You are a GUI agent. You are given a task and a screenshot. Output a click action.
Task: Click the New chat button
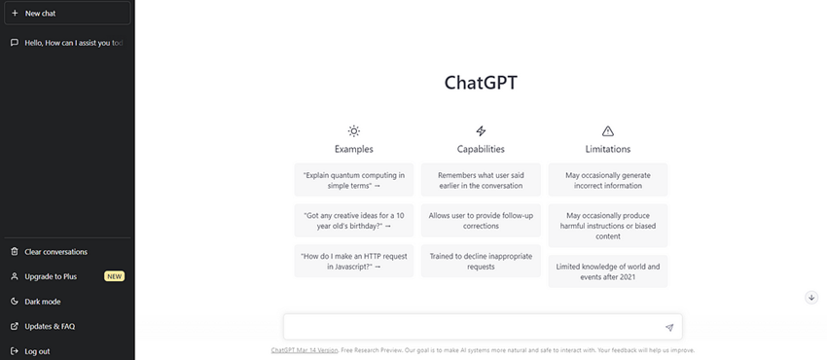pos(67,14)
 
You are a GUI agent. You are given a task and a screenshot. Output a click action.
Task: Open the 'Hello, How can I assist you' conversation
pos(67,43)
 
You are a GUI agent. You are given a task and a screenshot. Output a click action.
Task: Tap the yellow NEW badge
pos(115,276)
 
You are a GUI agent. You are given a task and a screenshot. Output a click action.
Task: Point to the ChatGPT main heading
pos(481,83)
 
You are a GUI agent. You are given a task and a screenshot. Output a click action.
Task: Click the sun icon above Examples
pos(354,130)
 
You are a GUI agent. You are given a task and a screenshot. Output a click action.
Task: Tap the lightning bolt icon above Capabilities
pos(481,130)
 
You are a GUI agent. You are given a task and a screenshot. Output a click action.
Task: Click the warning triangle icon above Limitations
pos(607,130)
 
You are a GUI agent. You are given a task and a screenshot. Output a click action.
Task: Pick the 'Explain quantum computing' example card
pos(354,180)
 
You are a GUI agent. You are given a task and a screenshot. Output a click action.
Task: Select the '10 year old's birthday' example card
pos(354,220)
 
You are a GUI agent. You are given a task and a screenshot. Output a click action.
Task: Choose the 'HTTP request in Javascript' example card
pos(354,261)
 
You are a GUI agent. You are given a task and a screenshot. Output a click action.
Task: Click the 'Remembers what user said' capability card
pos(481,180)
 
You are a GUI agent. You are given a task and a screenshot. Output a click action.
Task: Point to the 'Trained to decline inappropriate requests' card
pos(481,261)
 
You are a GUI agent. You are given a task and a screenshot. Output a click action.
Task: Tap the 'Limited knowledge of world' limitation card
pos(607,271)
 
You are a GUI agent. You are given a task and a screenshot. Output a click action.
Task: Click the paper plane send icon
pos(669,327)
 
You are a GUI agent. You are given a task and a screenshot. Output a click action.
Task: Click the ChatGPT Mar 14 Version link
pos(305,350)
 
